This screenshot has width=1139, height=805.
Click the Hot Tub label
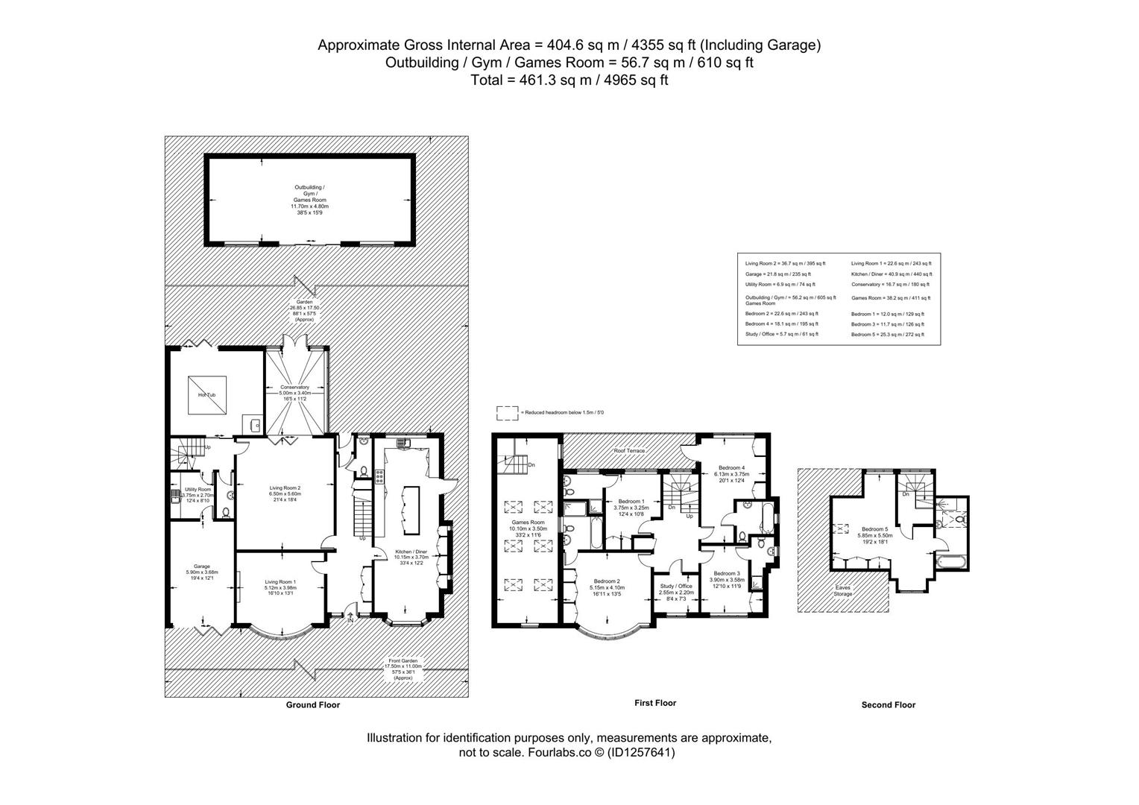coord(201,394)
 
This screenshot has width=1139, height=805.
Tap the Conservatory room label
coord(294,387)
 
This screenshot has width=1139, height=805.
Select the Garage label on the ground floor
coord(197,566)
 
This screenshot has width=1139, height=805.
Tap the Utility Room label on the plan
coord(198,490)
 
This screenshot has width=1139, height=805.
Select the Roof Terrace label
coord(629,451)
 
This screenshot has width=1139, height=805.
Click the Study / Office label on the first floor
coord(676,586)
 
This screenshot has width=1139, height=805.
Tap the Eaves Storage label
coord(843,590)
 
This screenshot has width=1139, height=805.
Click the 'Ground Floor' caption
coord(313,705)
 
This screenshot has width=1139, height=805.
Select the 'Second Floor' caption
coord(888,705)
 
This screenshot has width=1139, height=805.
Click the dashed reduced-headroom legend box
coord(508,412)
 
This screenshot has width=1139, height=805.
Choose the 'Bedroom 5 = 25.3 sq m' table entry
coord(887,335)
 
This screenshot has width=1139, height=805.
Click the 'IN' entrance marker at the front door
coord(350,619)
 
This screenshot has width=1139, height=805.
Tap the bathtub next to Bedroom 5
coord(950,561)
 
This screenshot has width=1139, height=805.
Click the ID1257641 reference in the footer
coord(640,753)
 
